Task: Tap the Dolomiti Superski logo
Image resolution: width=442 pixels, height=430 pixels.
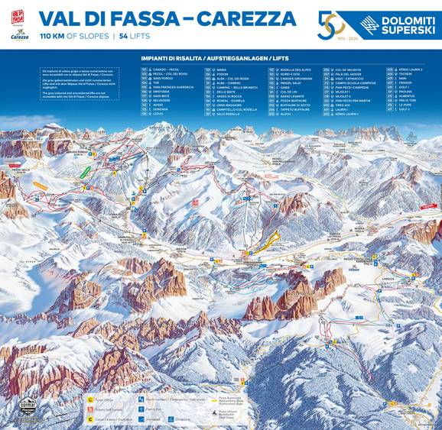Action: pyautogui.click(x=390, y=24)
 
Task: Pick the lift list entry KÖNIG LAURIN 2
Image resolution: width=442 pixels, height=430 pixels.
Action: pyautogui.click(x=405, y=70)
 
